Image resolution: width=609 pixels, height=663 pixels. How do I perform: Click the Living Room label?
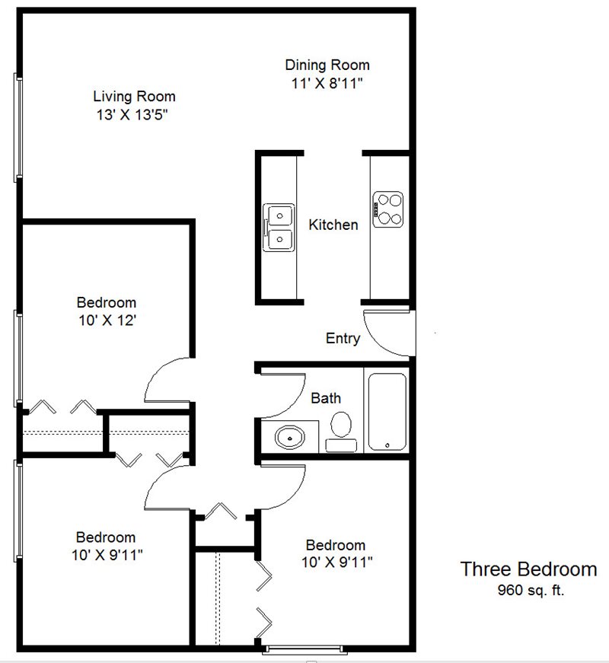(135, 97)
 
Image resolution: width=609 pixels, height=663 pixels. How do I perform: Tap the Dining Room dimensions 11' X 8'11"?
(327, 83)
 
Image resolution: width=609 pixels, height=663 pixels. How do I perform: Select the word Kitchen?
(333, 225)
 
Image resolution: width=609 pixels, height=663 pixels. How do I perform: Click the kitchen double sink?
(279, 228)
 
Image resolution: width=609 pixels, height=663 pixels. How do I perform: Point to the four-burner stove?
(387, 209)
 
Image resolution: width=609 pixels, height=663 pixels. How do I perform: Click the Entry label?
(343, 338)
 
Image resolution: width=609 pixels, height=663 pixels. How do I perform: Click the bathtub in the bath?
(387, 411)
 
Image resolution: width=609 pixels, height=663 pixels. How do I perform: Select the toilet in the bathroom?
(341, 432)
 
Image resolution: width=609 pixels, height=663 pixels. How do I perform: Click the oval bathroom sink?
(290, 437)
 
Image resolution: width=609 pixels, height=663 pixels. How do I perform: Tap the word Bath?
(326, 398)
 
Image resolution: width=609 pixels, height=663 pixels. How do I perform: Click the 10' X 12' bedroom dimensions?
(107, 320)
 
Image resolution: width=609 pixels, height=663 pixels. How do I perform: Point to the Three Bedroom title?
(528, 569)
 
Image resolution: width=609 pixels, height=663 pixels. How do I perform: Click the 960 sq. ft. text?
(531, 590)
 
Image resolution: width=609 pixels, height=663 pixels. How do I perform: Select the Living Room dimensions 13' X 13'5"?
(132, 115)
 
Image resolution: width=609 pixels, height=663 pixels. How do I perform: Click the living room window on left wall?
(18, 128)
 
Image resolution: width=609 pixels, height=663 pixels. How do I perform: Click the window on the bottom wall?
(305, 649)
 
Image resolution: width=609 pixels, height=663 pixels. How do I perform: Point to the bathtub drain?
(387, 445)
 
